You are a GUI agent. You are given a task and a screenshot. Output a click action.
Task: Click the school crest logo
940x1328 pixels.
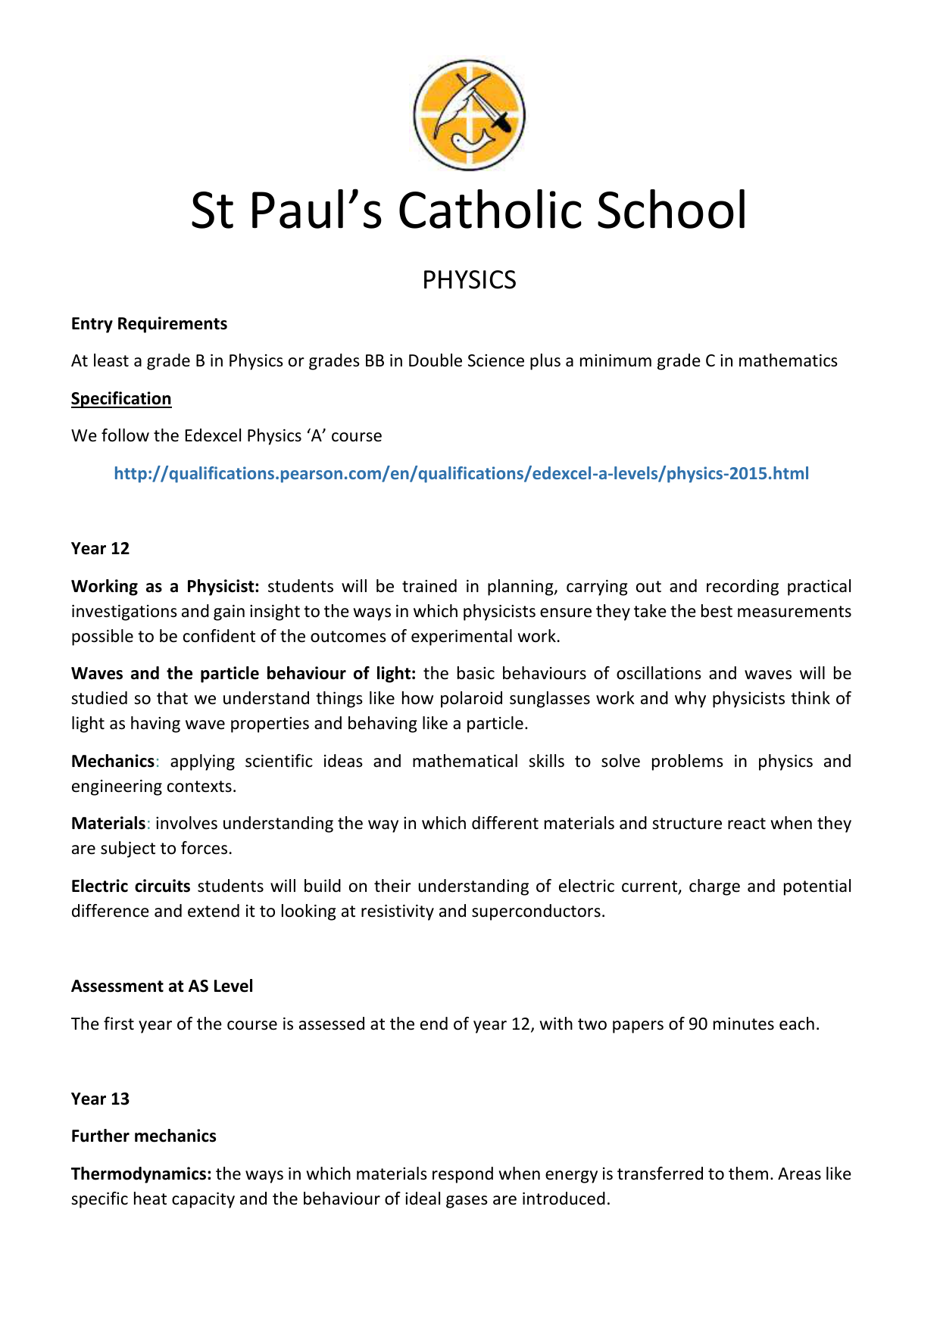469,115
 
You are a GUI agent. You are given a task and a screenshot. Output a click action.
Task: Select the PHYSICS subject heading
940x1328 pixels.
469,280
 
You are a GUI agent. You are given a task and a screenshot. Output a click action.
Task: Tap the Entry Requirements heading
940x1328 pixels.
149,324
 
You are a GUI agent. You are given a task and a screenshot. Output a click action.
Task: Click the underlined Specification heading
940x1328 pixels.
121,399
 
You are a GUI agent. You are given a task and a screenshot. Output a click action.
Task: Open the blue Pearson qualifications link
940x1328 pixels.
461,474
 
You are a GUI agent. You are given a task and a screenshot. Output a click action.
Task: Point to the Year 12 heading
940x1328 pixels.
100,549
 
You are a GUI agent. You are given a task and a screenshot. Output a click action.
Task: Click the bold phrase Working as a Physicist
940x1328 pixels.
165,587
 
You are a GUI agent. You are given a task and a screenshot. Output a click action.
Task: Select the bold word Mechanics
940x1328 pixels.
113,762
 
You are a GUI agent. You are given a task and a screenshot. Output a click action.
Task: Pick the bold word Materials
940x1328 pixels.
108,824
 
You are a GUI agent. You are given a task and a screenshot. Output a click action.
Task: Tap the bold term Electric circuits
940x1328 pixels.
131,887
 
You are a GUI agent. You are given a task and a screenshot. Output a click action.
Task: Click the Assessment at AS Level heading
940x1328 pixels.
162,987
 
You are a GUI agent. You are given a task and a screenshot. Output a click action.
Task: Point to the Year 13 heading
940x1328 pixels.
100,1099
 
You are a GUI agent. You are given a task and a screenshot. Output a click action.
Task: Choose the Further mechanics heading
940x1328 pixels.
144,1136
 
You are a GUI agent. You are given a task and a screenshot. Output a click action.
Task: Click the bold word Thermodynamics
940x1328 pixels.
141,1174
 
